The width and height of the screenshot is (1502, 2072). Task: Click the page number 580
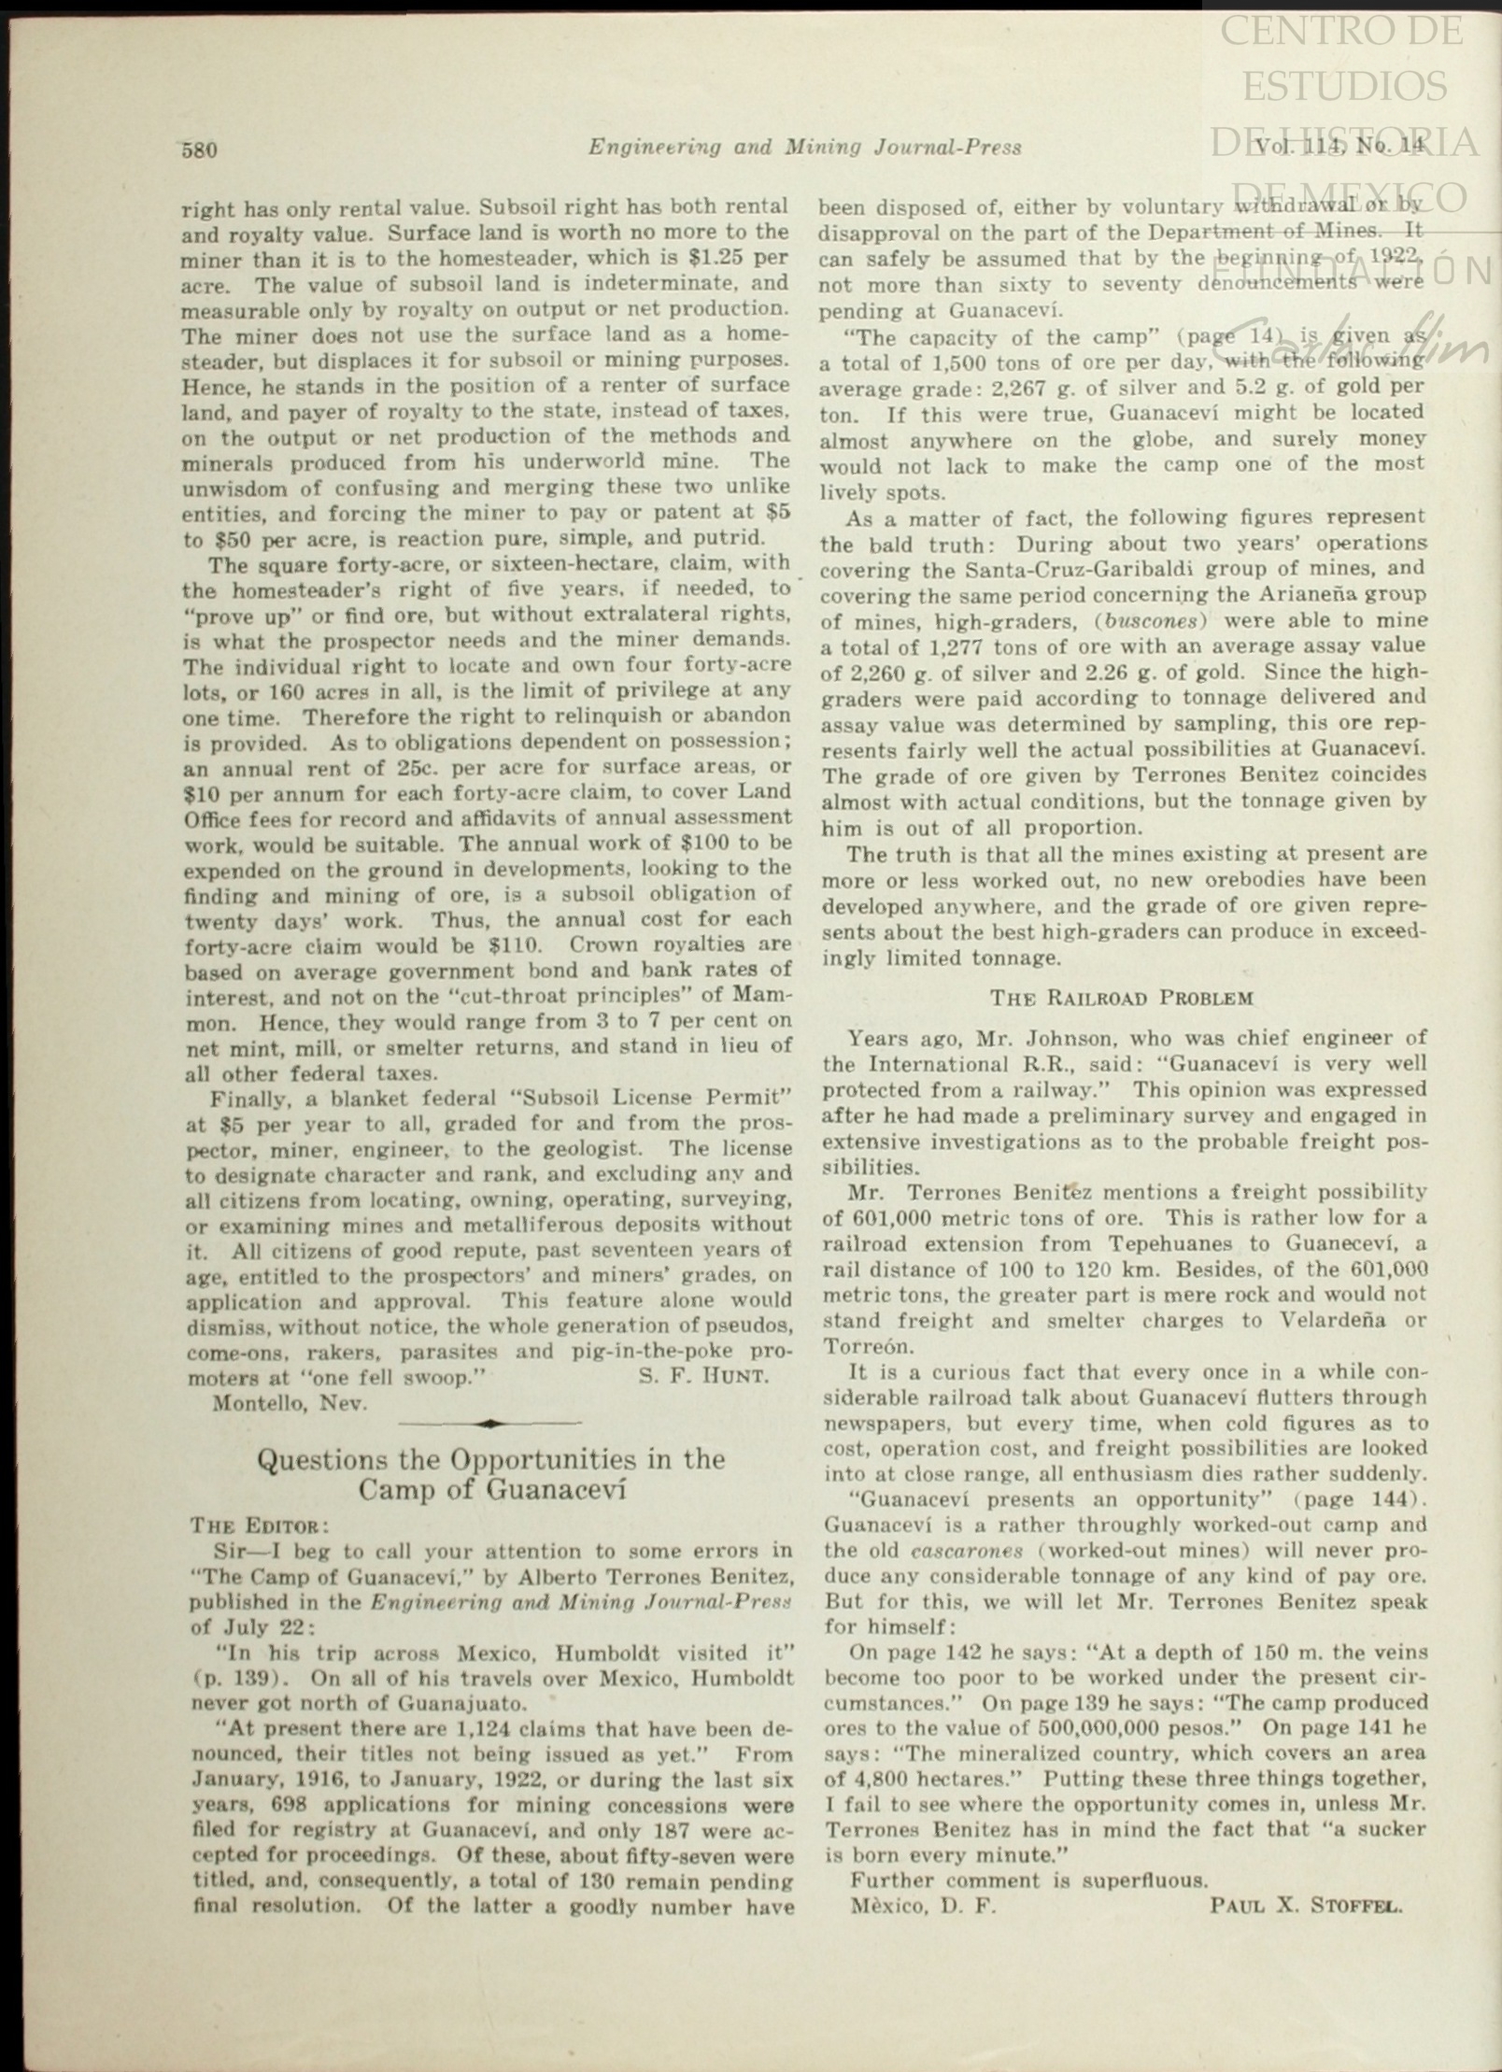click(199, 149)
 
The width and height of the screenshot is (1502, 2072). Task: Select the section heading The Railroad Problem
click(1121, 997)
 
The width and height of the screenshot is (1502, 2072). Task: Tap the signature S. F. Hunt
click(703, 1376)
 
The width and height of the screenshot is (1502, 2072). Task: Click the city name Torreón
click(857, 1346)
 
